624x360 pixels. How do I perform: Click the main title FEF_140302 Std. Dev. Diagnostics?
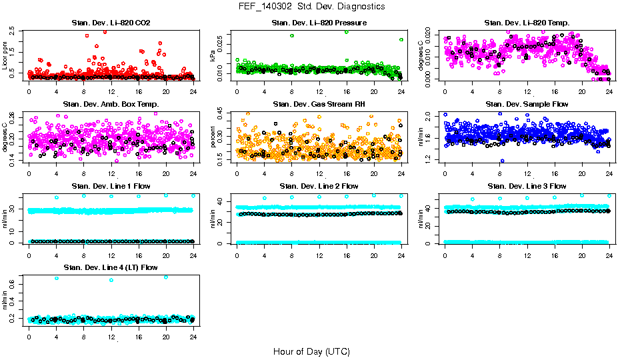311,7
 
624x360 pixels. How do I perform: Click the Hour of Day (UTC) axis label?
311,351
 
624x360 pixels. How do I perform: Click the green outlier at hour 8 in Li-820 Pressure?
292,35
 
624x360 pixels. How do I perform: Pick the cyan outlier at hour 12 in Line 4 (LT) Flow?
111,280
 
